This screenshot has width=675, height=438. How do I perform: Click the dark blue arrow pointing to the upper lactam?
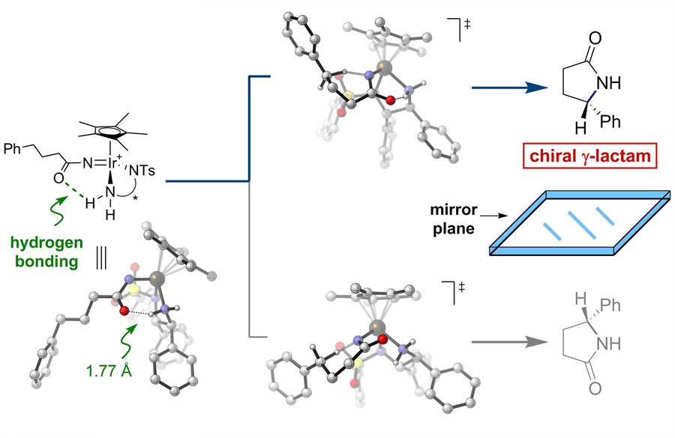point(508,88)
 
